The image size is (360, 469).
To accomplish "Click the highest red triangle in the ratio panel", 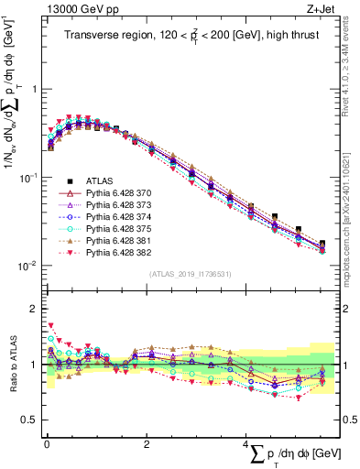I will (50, 325).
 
